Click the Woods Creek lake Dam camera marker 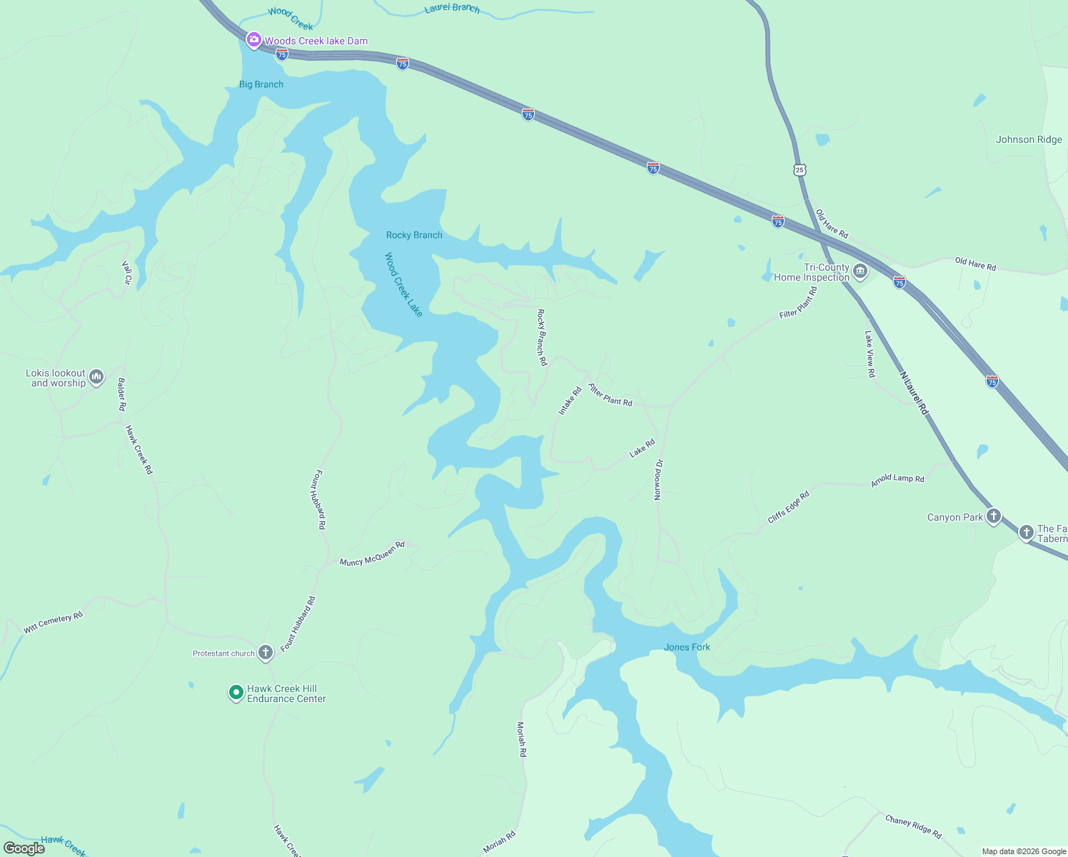click(253, 40)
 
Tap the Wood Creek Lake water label click(403, 284)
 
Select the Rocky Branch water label click(414, 235)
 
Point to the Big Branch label click(261, 84)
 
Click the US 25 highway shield click(799, 169)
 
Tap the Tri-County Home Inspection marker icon click(860, 272)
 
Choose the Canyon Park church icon click(993, 517)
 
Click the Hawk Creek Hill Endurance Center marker click(236, 693)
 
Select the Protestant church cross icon click(265, 653)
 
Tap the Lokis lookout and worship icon click(96, 377)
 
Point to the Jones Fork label click(687, 647)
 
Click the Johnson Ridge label click(1029, 139)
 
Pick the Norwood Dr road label click(658, 480)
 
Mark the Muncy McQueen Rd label click(372, 553)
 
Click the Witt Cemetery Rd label click(54, 623)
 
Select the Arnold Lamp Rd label click(897, 480)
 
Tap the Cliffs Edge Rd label click(788, 507)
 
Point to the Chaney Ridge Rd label click(913, 826)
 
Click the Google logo click(24, 848)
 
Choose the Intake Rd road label click(570, 401)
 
